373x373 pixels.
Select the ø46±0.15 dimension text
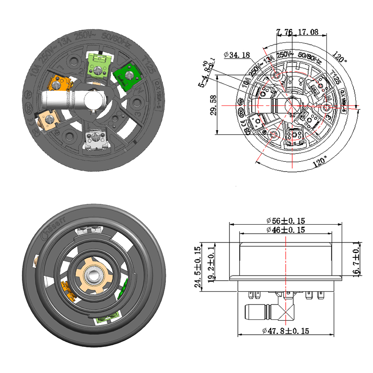tap(286, 230)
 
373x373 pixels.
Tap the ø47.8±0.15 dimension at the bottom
tap(286, 331)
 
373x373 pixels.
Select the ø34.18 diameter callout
tap(237, 55)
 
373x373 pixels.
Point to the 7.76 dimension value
tap(284, 32)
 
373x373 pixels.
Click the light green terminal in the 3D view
tap(98, 63)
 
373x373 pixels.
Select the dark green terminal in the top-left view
tap(124, 75)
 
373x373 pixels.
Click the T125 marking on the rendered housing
tap(148, 68)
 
